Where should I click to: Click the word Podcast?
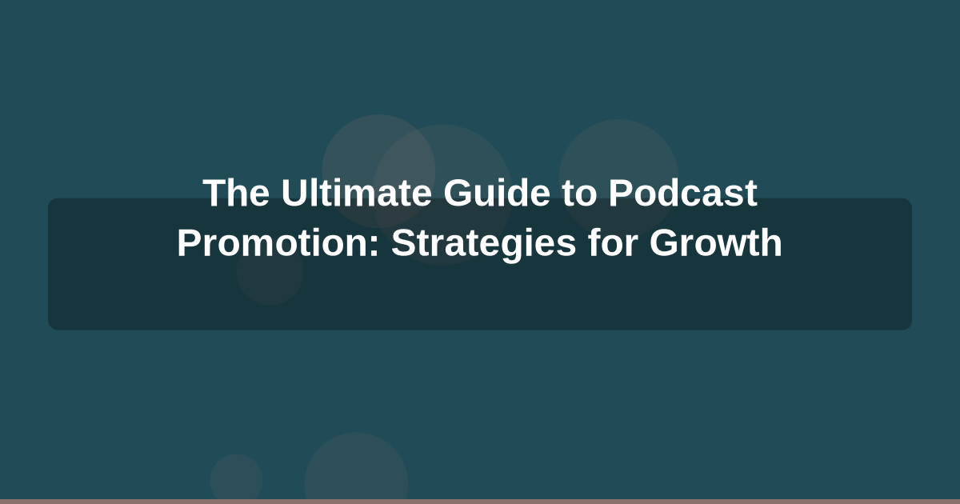coord(682,194)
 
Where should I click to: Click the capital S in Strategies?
coord(402,243)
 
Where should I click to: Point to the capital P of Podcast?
coord(619,194)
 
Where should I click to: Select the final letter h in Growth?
coord(773,243)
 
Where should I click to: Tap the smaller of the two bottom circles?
coord(236,478)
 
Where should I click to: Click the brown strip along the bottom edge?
coord(480,501)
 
